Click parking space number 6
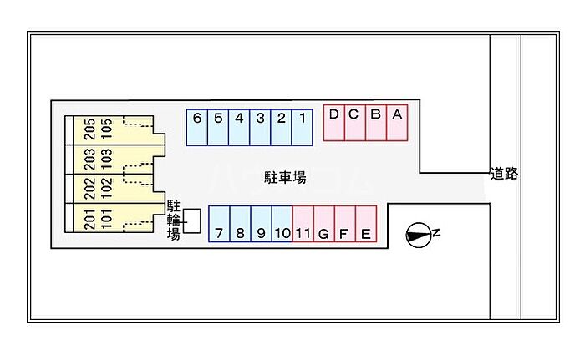point(196,127)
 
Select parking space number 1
point(303,127)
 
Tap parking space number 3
point(260,127)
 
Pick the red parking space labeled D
point(333,123)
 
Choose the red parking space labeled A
point(398,123)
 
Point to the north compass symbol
point(420,236)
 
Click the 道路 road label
point(504,174)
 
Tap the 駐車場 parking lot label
point(284,177)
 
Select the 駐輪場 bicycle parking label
point(174,220)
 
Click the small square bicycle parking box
point(192,221)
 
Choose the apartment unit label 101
point(106,217)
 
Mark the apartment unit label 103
point(106,158)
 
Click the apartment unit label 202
point(89,187)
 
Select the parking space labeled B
point(376,123)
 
